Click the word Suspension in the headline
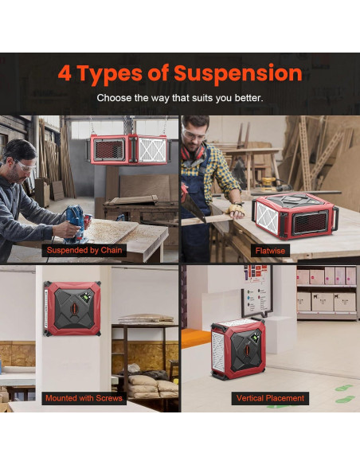[238, 74]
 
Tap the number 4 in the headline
[65, 72]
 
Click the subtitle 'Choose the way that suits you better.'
[180, 98]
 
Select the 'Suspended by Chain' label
[84, 250]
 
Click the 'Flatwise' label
[270, 251]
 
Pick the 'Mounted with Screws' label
[84, 398]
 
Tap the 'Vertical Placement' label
[270, 398]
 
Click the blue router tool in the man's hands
[76, 223]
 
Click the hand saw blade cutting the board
[193, 205]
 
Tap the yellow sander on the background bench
[268, 183]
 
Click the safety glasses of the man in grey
[26, 166]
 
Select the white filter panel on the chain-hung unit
[153, 150]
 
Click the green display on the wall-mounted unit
[87, 297]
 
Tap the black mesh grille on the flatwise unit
[310, 223]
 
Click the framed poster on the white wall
[257, 291]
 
